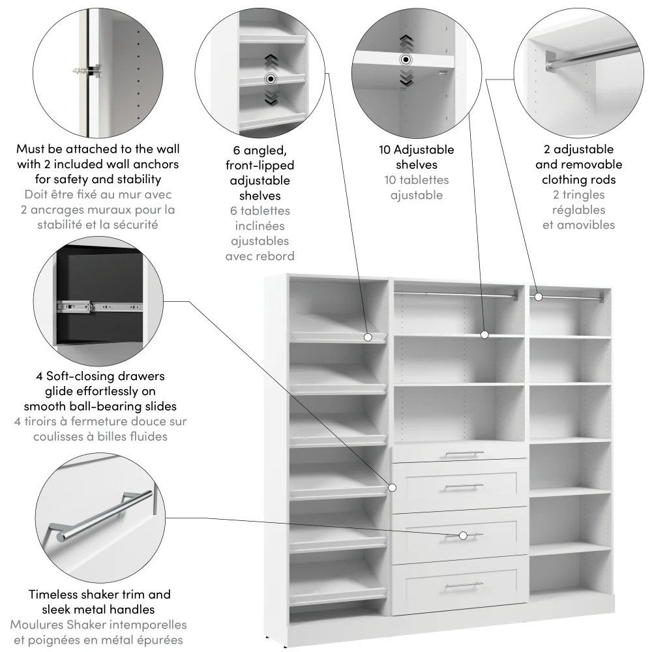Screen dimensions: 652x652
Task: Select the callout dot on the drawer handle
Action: click(x=463, y=535)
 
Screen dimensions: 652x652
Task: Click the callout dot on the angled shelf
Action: click(x=368, y=337)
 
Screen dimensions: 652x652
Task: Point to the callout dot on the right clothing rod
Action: click(x=539, y=297)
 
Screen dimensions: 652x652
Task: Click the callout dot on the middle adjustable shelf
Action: click(x=484, y=334)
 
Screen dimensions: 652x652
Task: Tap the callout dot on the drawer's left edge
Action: click(x=393, y=487)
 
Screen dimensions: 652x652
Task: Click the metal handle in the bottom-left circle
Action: click(x=104, y=515)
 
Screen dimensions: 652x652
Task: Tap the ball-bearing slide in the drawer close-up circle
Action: click(x=98, y=304)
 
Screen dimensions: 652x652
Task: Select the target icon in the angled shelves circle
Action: click(x=269, y=80)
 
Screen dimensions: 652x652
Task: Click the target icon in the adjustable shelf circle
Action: click(x=406, y=59)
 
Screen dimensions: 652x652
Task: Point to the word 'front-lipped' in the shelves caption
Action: click(x=259, y=165)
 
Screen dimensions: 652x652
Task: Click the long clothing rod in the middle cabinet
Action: click(x=456, y=295)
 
